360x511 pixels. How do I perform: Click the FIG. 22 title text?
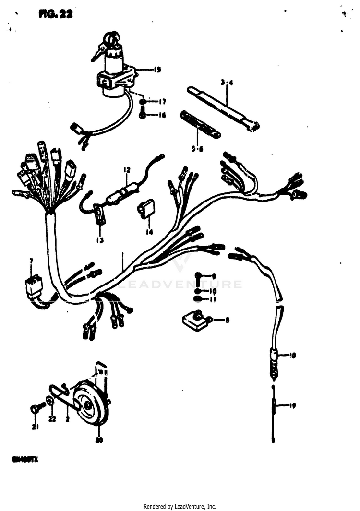pyautogui.click(x=56, y=14)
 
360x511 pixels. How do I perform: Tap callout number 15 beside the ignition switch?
pyautogui.click(x=157, y=70)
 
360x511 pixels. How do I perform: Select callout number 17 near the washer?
pyautogui.click(x=162, y=102)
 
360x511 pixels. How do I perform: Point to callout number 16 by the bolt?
pyautogui.click(x=162, y=115)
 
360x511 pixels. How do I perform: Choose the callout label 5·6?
pyautogui.click(x=197, y=149)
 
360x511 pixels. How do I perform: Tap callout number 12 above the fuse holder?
pyautogui.click(x=127, y=170)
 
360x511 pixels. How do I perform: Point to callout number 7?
pyautogui.click(x=32, y=261)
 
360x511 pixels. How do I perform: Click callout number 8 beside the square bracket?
pyautogui.click(x=227, y=319)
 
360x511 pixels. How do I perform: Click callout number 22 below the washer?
pyautogui.click(x=52, y=419)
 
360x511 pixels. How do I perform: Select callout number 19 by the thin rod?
pyautogui.click(x=292, y=405)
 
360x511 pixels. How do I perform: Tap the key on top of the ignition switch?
pyautogui.click(x=109, y=38)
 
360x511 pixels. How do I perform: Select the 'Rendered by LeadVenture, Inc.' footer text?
pyautogui.click(x=180, y=506)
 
